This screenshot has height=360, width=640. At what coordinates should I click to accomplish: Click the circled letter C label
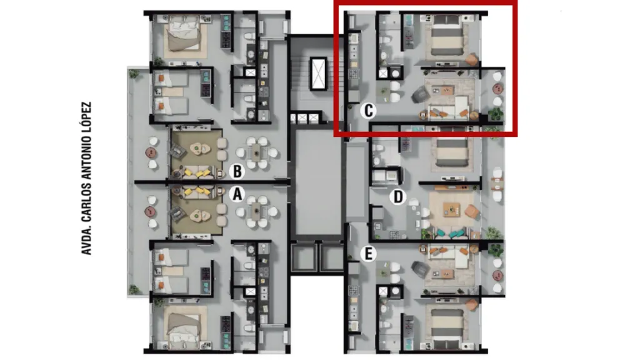(x=368, y=110)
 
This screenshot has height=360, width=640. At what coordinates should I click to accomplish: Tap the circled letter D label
(x=397, y=197)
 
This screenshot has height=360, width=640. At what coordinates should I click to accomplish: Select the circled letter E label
(x=368, y=254)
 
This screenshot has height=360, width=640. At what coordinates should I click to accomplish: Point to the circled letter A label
(x=237, y=194)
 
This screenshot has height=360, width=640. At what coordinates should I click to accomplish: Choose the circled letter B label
(x=237, y=171)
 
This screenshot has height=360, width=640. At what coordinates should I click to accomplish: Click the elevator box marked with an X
(x=318, y=74)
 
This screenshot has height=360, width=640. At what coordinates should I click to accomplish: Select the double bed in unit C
(x=447, y=36)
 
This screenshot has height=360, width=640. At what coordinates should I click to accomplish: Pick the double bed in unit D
(x=452, y=152)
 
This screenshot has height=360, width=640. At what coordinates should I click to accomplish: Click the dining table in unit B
(x=256, y=152)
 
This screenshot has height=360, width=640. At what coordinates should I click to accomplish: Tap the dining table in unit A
(x=256, y=211)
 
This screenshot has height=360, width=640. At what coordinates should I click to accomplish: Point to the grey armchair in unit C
(x=421, y=95)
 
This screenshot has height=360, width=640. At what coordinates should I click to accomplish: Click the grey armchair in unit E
(x=421, y=269)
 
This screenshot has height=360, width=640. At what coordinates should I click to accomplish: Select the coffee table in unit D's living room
(x=452, y=209)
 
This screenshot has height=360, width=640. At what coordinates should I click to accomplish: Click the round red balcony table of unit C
(x=497, y=88)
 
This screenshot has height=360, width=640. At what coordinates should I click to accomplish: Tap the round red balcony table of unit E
(x=497, y=276)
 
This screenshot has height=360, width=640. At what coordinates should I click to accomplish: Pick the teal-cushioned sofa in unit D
(x=451, y=234)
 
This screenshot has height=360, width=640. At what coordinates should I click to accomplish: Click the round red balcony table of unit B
(x=151, y=152)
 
